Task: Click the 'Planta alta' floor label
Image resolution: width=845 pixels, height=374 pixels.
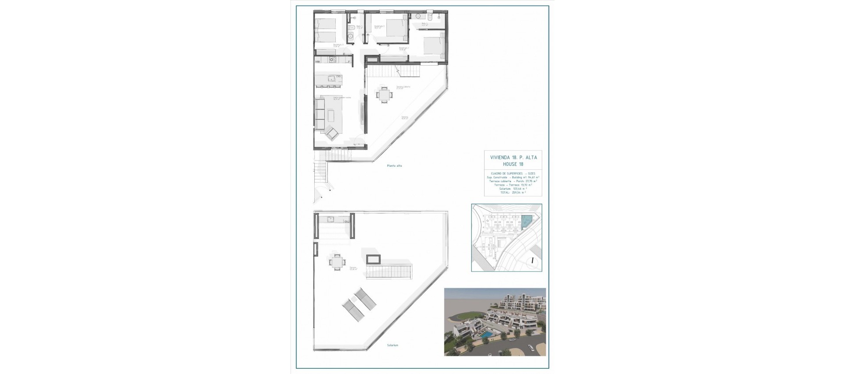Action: click(394, 166)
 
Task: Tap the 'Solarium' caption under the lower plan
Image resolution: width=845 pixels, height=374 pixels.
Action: click(393, 345)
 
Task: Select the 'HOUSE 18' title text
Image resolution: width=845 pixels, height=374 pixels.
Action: click(513, 164)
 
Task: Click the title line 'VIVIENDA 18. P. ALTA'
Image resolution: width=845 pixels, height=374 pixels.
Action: click(513, 157)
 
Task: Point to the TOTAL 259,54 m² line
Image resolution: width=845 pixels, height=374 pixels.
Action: click(513, 193)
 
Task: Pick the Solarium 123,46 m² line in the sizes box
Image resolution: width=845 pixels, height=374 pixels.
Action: click(513, 189)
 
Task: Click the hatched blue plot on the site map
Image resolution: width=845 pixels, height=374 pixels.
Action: click(526, 222)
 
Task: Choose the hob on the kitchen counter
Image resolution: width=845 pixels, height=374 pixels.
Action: click(333, 60)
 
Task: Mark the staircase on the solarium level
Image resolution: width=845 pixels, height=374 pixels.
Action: click(389, 271)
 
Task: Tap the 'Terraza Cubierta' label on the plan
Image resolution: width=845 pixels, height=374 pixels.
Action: click(403, 87)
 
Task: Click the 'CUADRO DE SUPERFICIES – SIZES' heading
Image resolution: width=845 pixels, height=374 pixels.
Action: click(513, 173)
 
